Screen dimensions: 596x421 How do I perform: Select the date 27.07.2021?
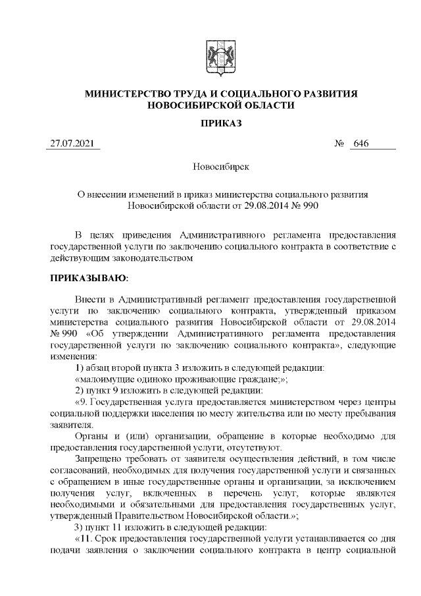72,144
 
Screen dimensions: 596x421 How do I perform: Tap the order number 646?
359,144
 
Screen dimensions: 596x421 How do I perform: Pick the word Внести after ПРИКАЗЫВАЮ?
90,298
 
